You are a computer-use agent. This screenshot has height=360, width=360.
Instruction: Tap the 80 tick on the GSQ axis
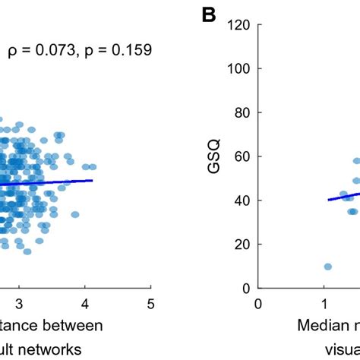tap(243, 112)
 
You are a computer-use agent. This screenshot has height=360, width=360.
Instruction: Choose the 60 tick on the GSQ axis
tap(243, 156)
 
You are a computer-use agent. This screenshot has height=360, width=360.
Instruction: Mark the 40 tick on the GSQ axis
tap(243, 201)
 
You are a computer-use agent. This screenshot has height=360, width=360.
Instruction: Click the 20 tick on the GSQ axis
tap(243, 245)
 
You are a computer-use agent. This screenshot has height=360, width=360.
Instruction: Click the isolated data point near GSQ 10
tap(327, 267)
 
